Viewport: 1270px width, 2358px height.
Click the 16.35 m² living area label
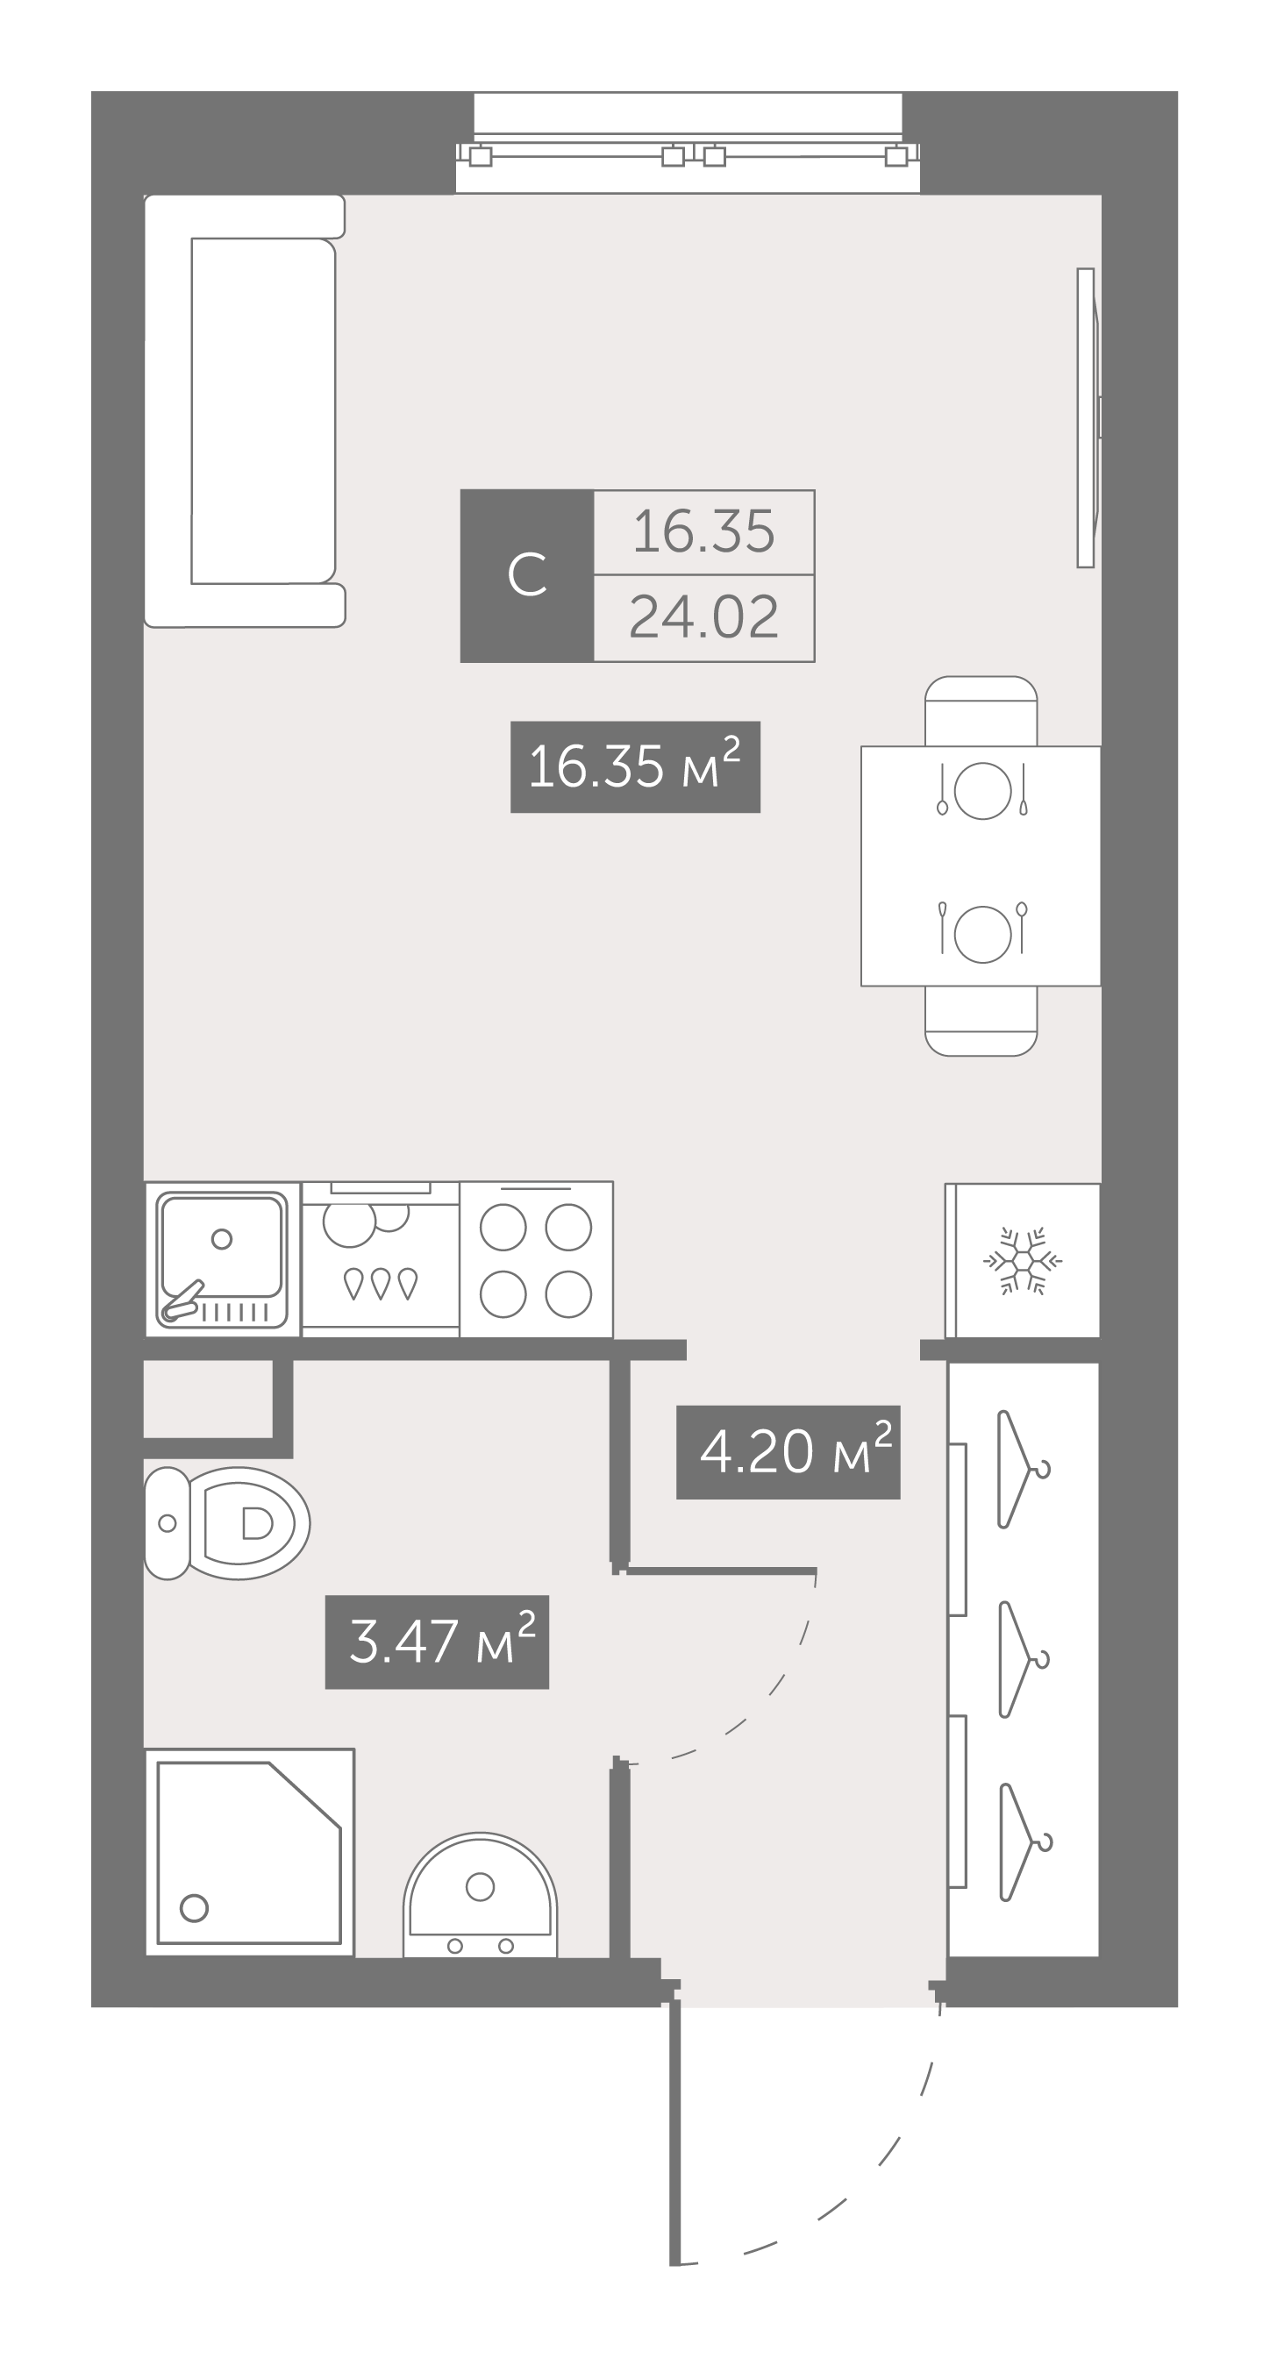(634, 766)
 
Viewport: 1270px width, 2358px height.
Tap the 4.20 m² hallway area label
(788, 1452)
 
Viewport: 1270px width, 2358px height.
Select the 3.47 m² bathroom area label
(437, 1642)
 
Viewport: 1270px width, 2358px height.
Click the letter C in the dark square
(526, 576)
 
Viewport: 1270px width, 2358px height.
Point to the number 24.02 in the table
(703, 618)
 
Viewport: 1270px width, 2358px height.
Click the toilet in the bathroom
(227, 1523)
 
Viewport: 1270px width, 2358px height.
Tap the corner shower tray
(249, 1852)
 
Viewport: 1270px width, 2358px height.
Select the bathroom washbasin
(480, 1895)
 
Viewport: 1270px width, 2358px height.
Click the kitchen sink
(223, 1259)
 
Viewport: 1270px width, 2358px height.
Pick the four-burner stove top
(536, 1259)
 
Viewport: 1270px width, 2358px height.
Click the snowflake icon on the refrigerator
(1023, 1260)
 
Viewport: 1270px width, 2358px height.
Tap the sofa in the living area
(245, 411)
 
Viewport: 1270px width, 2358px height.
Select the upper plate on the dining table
(982, 790)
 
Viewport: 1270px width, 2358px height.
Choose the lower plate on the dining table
(982, 934)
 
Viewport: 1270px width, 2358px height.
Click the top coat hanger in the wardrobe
(1022, 1469)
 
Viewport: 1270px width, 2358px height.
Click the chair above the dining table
(981, 711)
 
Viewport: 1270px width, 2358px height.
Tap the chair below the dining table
(981, 1021)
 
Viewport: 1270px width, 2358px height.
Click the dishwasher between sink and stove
(380, 1259)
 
